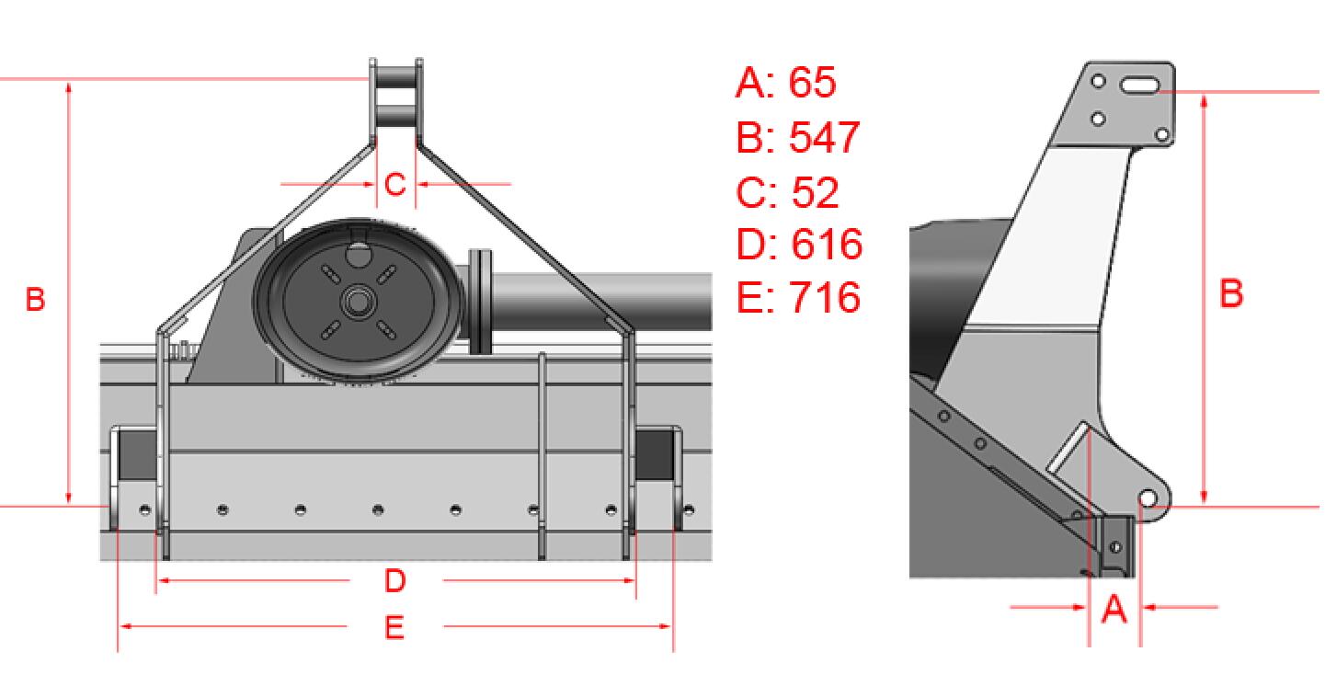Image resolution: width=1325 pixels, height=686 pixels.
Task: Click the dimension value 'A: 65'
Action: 786,83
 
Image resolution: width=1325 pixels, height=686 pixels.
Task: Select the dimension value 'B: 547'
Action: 798,138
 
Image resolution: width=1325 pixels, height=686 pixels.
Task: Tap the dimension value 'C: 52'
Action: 787,192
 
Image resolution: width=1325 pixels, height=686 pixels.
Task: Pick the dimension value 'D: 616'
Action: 800,244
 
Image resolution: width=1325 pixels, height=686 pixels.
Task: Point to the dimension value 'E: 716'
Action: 798,297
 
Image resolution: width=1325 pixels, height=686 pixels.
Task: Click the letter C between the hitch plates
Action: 395,185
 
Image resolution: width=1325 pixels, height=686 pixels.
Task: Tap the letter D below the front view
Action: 395,580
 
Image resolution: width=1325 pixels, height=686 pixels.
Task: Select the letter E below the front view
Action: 394,627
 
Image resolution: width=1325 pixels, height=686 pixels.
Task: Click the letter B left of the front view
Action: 36,299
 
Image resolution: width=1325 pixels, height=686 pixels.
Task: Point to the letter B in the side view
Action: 1231,293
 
